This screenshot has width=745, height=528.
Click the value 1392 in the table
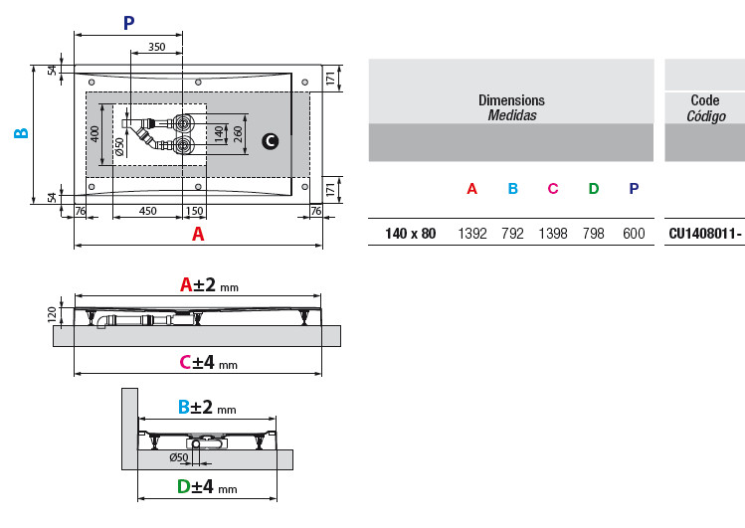[472, 234]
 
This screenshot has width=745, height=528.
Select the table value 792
[512, 234]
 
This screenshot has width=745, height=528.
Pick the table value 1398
[553, 234]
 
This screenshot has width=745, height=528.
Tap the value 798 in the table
[594, 234]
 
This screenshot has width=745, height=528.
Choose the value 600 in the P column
[634, 234]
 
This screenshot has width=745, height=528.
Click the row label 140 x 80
[411, 234]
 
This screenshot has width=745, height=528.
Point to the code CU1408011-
[705, 234]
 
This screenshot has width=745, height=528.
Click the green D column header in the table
[594, 189]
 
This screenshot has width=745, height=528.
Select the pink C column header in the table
[553, 189]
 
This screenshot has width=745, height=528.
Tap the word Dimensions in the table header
[511, 100]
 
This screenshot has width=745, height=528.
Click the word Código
[706, 116]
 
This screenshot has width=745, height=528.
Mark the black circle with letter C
[271, 141]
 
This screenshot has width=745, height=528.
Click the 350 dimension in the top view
[157, 47]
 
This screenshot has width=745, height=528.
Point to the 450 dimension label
[148, 211]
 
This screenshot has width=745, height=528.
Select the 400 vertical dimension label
[94, 134]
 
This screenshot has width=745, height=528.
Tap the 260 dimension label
[238, 134]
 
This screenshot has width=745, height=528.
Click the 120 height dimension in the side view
[53, 315]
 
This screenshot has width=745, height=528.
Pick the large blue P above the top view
[128, 23]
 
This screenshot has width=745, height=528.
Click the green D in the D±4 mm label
[183, 486]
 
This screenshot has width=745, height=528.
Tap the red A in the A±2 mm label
[186, 285]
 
